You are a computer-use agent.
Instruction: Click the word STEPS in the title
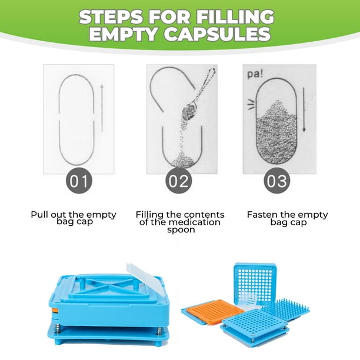pyautogui.click(x=111, y=17)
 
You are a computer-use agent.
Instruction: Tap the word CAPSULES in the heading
pyautogui.click(x=218, y=34)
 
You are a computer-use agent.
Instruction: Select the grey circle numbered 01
pyautogui.click(x=79, y=181)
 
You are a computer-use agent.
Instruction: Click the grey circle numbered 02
pyautogui.click(x=179, y=181)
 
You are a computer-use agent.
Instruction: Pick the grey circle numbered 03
pyautogui.click(x=276, y=181)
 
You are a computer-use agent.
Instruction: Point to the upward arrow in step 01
pyautogui.click(x=102, y=108)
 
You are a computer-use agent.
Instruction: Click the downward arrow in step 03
pyautogui.click(x=304, y=110)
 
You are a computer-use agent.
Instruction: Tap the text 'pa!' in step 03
pyautogui.click(x=255, y=74)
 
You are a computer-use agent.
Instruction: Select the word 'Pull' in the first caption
pyautogui.click(x=39, y=215)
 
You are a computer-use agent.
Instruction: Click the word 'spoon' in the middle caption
pyautogui.click(x=181, y=230)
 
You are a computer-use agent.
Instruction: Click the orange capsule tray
pyautogui.click(x=215, y=311)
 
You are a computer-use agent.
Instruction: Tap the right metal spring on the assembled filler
pyautogui.click(x=158, y=332)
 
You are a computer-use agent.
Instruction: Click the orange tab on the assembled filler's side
pyautogui.click(x=55, y=311)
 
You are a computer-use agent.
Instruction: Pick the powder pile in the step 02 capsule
pyautogui.click(x=183, y=161)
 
